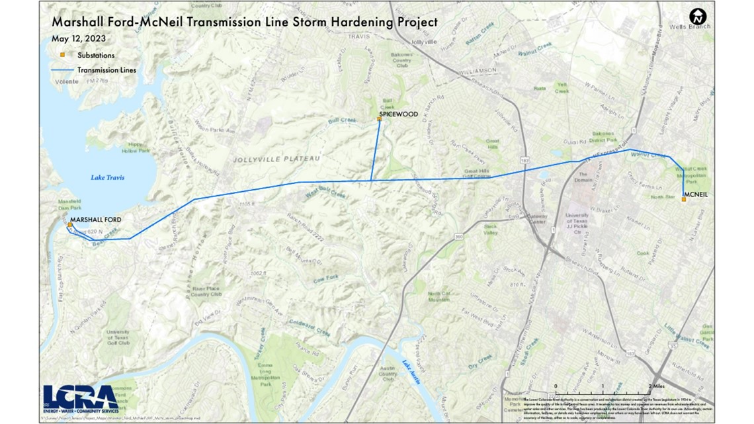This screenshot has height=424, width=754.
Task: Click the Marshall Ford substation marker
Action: [x=70, y=225]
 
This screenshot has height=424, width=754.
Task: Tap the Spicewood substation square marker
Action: [x=379, y=119]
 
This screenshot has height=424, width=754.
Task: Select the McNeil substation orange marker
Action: [x=683, y=199]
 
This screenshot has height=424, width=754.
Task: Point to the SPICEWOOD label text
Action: [x=398, y=114]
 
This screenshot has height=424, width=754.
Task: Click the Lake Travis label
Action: [x=108, y=177]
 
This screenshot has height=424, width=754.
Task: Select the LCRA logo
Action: [x=80, y=398]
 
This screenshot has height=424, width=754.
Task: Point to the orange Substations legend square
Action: [x=63, y=56]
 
